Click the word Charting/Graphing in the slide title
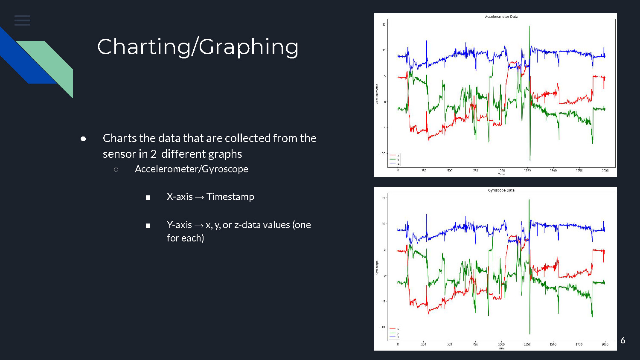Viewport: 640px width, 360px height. click(198, 47)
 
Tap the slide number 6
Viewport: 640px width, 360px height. click(623, 340)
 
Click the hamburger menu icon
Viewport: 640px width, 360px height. click(22, 20)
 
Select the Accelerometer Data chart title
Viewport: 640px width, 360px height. click(501, 17)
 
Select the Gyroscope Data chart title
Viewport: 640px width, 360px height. click(501, 190)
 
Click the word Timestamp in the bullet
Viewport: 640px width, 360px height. click(230, 197)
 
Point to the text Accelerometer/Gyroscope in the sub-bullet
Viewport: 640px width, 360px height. click(191, 169)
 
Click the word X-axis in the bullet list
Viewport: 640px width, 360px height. click(180, 197)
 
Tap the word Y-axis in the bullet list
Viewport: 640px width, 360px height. click(179, 225)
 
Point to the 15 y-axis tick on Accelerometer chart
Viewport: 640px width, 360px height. click(384, 24)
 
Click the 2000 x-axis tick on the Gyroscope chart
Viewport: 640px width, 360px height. click(605, 344)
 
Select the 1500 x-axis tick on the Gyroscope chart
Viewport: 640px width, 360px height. click(553, 344)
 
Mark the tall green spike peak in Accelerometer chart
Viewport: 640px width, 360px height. click(529, 27)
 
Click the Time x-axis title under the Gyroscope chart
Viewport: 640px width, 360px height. click(501, 348)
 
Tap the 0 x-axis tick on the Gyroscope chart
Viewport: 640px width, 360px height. click(398, 344)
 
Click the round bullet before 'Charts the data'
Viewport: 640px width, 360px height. click(83, 139)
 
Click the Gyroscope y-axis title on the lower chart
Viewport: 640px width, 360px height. click(377, 268)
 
